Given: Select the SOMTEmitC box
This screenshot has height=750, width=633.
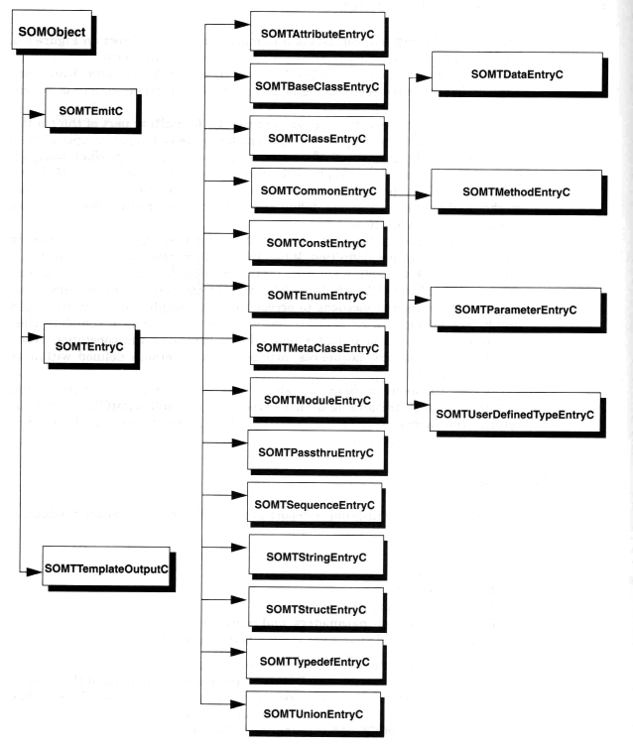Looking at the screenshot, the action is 90,109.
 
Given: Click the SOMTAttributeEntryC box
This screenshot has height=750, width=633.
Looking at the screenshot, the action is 317,33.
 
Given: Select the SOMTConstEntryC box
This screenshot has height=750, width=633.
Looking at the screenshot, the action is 316,241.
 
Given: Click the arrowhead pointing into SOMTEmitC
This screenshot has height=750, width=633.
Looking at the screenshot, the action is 38,114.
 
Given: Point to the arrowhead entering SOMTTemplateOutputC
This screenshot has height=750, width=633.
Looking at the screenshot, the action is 35,571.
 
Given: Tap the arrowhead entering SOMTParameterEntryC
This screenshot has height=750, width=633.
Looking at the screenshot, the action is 423,300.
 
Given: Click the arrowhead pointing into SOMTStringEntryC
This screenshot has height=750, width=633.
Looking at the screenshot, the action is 240,548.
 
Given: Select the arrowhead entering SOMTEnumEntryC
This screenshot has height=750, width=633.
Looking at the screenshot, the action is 241,286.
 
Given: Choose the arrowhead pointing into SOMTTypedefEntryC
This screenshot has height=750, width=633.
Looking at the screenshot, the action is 238,652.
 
